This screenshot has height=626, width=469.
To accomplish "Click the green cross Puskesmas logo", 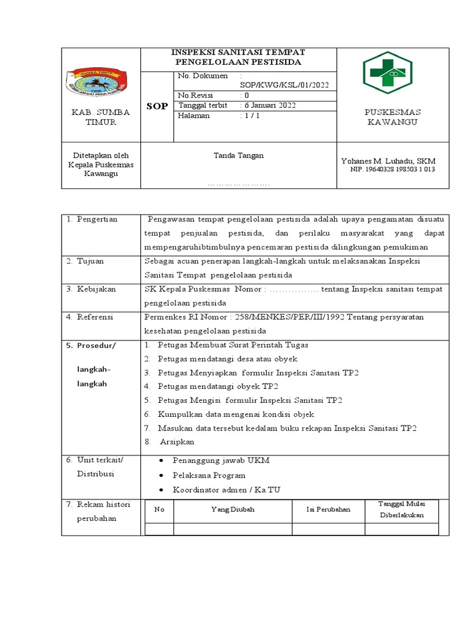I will [391, 73].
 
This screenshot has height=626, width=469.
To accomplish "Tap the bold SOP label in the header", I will [158, 106].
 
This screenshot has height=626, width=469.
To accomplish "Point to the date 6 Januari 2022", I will [270, 105].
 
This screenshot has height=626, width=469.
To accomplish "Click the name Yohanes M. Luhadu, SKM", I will [388, 160].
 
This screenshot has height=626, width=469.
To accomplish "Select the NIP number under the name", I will [392, 169].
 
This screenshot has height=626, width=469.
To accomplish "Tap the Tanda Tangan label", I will [238, 155].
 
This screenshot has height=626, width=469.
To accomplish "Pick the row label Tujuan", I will [90, 261].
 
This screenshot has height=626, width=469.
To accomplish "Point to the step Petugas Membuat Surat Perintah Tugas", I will [233, 345].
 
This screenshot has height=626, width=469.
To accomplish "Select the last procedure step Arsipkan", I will [177, 442].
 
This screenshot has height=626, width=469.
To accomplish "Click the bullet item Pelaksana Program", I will [209, 475].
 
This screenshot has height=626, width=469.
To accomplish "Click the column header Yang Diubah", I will [233, 509].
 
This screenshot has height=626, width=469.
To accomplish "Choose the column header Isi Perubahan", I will [329, 509].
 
